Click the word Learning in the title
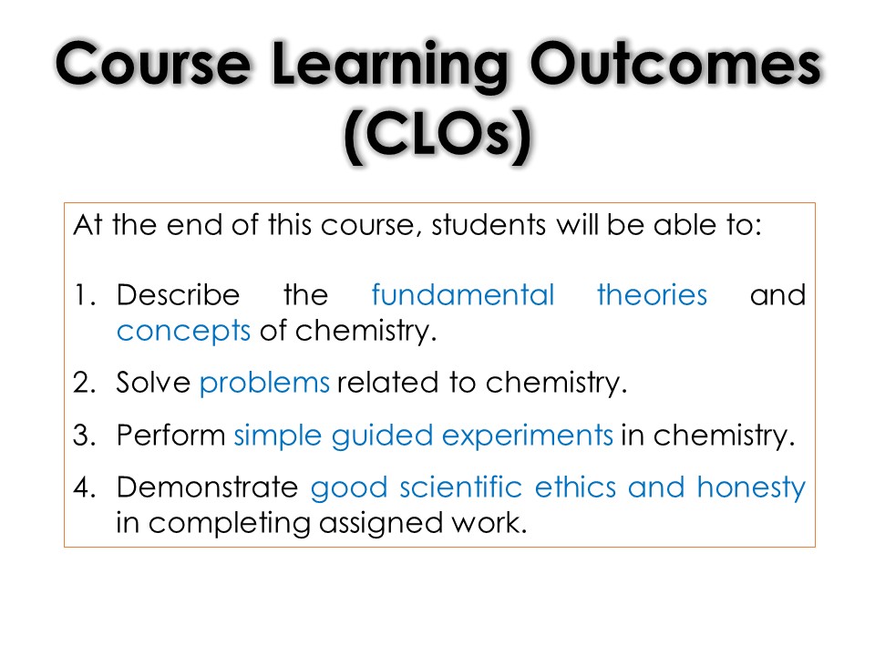389,66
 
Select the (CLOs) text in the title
437,136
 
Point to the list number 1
84,295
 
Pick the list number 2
85,383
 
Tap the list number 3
85,436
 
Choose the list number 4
85,487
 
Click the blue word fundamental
463,294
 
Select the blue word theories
652,294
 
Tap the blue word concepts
183,332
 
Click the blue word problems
264,384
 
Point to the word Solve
153,383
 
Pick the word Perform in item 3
170,435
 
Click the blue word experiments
528,436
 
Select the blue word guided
382,436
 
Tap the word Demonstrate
207,487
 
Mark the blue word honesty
751,488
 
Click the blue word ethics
575,487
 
